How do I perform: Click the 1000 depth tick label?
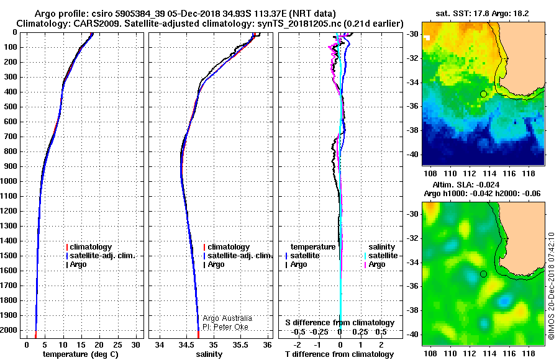[x=9, y=181]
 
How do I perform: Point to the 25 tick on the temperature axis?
[x=117, y=345]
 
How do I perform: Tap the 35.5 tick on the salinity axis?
[x=240, y=345]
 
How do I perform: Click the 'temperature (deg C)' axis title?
[x=81, y=354]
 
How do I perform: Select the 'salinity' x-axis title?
[x=209, y=354]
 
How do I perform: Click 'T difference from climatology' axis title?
[x=339, y=354]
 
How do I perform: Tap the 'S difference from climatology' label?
[x=340, y=323]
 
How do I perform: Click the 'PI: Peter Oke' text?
[x=225, y=327]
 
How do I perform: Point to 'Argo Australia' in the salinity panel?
[x=227, y=318]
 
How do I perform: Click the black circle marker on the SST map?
[x=483, y=94]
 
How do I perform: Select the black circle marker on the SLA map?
[x=483, y=274]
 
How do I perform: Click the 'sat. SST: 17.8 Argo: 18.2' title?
[x=482, y=14]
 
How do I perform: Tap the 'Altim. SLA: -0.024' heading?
[x=466, y=184]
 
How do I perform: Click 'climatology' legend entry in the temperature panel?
[x=89, y=246]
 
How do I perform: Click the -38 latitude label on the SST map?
[x=412, y=130]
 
